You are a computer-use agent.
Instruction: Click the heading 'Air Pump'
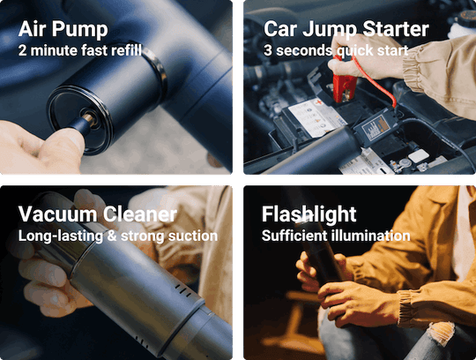pyautogui.click(x=63, y=30)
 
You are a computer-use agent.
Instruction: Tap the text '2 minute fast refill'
pyautogui.click(x=80, y=50)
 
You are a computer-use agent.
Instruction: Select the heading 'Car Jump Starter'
pyautogui.click(x=346, y=30)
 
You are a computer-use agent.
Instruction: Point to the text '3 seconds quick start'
pyautogui.click(x=336, y=50)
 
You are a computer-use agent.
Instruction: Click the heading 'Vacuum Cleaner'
pyautogui.click(x=98, y=214)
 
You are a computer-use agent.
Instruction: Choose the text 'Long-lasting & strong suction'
pyautogui.click(x=118, y=236)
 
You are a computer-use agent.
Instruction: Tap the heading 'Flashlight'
pyautogui.click(x=309, y=214)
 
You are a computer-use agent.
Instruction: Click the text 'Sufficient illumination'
pyautogui.click(x=336, y=236)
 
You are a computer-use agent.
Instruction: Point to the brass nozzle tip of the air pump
pyautogui.click(x=89, y=118)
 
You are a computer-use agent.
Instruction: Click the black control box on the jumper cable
pyautogui.click(x=376, y=125)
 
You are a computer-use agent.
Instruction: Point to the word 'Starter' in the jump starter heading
pyautogui.click(x=396, y=29)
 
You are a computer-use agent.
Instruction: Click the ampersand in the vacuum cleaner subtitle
pyautogui.click(x=111, y=236)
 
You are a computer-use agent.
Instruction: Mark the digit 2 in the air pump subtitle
pyautogui.click(x=22, y=50)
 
